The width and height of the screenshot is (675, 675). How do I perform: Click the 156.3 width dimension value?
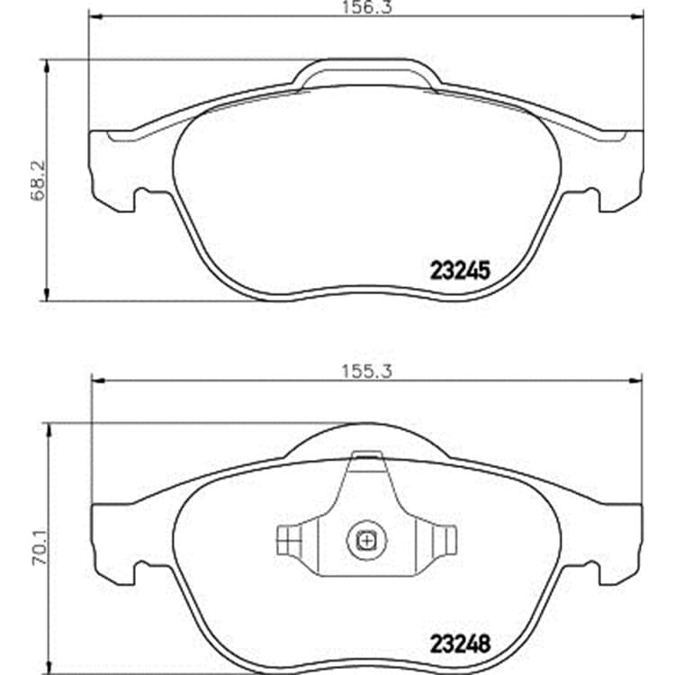point(367,7)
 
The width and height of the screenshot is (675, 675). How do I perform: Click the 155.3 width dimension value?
point(367,371)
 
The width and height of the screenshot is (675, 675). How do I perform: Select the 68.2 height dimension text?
point(38,180)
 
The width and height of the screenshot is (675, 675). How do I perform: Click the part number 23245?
point(460,271)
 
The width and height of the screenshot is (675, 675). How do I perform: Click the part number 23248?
point(460,644)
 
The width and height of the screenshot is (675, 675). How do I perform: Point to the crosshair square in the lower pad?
point(366,540)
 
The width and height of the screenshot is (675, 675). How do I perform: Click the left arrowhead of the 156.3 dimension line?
point(94,17)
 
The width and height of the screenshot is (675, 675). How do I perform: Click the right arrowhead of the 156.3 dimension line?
point(637,17)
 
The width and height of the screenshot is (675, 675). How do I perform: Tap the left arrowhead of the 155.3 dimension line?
point(99,381)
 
